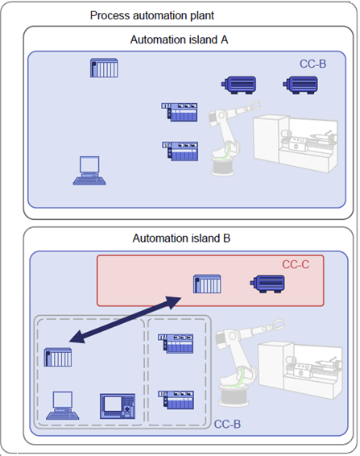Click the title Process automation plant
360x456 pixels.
click(151, 15)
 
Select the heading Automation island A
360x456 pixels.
click(179, 39)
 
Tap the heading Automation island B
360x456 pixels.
click(181, 238)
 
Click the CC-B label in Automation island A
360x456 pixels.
click(313, 64)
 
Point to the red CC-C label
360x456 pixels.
click(296, 264)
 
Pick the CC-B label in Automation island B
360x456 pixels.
click(227, 424)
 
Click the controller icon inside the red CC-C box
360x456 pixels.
click(207, 284)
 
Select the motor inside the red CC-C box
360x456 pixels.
click(267, 284)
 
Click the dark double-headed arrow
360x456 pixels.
click(126, 320)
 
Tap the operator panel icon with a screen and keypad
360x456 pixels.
click(118, 406)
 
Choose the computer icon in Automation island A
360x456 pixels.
click(89, 171)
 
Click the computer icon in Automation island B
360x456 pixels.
click(63, 405)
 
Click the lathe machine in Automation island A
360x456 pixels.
click(296, 144)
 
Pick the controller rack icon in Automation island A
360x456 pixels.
click(104, 68)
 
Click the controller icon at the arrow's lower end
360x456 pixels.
click(57, 357)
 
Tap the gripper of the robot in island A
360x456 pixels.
click(254, 105)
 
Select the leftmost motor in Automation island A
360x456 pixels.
click(238, 85)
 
